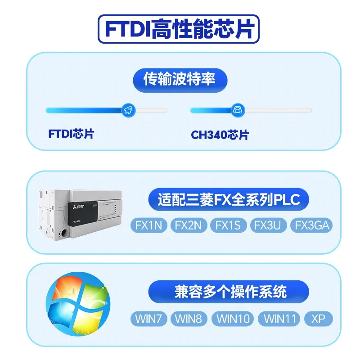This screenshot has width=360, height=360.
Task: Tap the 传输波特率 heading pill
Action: (180, 80)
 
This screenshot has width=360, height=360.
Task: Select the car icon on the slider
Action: (237, 110)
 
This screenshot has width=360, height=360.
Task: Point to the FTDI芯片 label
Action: (71, 134)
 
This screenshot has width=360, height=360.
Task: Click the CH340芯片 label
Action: (220, 135)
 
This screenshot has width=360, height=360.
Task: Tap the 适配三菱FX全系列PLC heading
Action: (229, 199)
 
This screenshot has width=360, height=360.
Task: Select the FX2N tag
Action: (188, 225)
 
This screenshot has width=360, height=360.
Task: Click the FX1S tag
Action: (229, 225)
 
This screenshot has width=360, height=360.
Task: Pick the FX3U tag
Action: (269, 225)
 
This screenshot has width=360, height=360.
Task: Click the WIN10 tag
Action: (233, 319)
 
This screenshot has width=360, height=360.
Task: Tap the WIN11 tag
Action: (279, 319)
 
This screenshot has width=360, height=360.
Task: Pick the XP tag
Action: (319, 319)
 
